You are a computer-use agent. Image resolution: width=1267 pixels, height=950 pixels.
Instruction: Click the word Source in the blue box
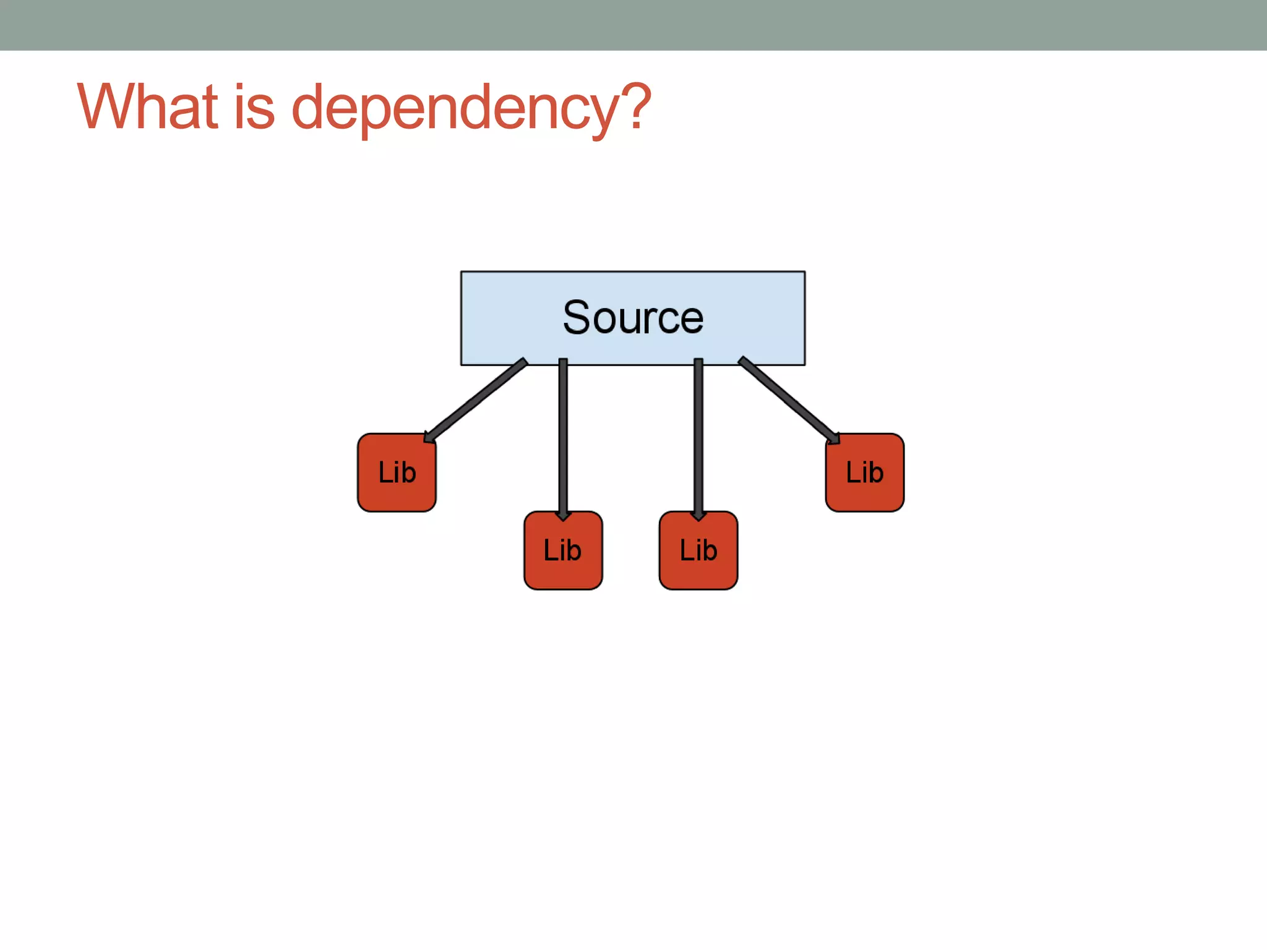point(633,318)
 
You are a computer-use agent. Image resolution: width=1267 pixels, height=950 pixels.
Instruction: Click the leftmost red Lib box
point(397,473)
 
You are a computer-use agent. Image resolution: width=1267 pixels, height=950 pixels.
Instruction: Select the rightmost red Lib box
point(864,473)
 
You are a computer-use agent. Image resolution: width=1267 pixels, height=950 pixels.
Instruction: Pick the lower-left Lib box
point(562,550)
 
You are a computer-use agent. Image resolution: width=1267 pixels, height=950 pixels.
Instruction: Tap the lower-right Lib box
point(698,550)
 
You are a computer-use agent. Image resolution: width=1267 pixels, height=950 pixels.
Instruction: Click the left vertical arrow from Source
point(563,433)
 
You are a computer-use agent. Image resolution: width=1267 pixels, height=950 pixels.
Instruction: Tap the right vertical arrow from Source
point(698,433)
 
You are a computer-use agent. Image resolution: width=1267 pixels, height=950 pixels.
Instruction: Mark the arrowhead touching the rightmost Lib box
point(833,438)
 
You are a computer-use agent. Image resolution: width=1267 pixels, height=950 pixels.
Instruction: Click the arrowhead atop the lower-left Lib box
point(563,515)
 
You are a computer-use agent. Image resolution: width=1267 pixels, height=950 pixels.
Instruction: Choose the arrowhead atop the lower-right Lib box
point(698,515)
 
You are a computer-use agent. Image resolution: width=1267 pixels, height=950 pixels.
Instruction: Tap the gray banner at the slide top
point(633,25)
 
